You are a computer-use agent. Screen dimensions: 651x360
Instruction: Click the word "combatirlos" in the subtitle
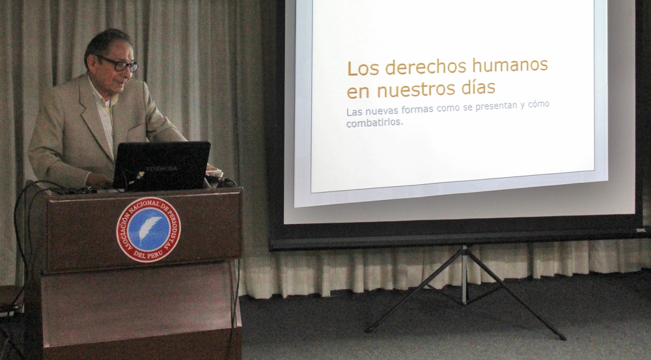pyautogui.click(x=374, y=122)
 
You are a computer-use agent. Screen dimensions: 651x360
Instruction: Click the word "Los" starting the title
pyautogui.click(x=363, y=68)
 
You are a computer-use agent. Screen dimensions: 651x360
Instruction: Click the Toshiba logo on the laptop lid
pyautogui.click(x=161, y=169)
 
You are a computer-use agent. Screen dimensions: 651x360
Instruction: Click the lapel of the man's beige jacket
pyautogui.click(x=96, y=118)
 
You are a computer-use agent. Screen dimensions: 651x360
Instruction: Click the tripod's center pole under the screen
pyautogui.click(x=465, y=274)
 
